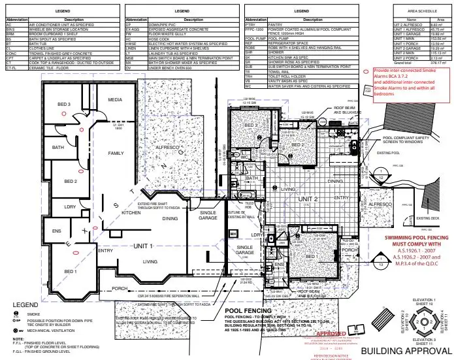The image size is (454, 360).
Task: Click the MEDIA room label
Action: (115, 100)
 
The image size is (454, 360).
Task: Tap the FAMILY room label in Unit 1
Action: (115, 153)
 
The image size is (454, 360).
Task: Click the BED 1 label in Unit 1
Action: (70, 271)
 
